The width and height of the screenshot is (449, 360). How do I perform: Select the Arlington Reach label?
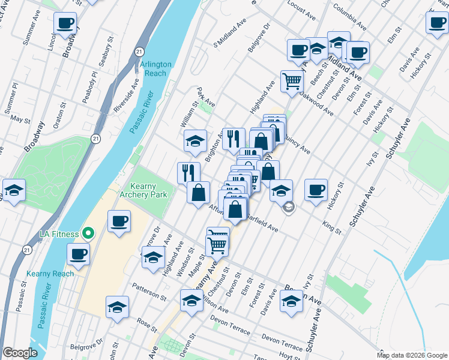coord(155,68)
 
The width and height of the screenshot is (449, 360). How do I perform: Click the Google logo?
coord(20,353)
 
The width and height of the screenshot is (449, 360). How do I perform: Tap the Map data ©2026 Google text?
coord(412,355)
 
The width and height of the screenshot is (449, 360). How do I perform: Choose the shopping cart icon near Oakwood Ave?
coord(292,80)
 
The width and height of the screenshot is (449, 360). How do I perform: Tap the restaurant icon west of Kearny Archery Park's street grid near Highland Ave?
coord(188,173)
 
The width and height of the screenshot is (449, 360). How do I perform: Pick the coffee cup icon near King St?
coord(316,190)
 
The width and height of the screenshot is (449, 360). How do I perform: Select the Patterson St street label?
coord(149,292)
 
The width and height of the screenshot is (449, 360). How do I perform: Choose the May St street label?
coord(20,119)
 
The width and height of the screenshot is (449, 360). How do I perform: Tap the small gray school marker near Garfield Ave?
coord(289,207)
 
